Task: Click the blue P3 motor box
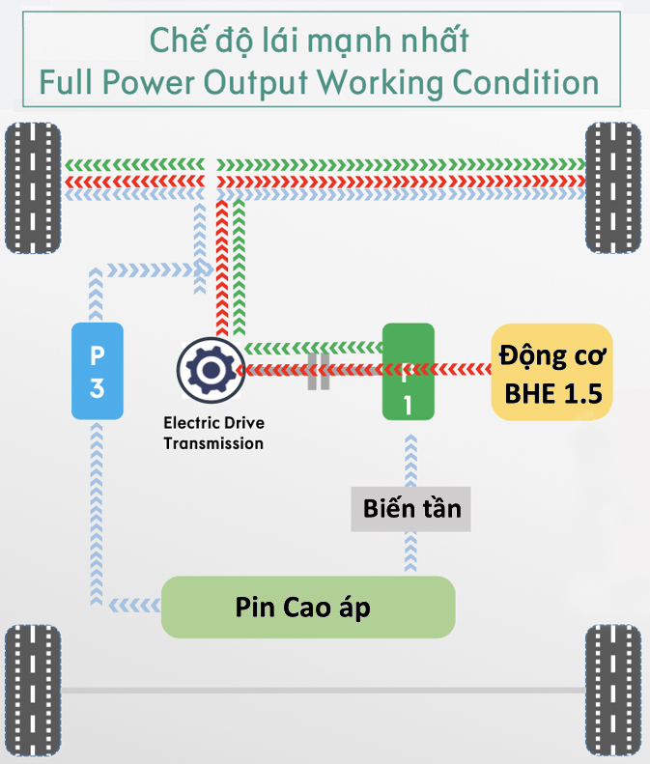click(x=98, y=371)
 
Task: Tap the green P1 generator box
click(x=408, y=372)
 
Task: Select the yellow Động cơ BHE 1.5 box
click(x=551, y=372)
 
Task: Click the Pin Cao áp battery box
click(x=307, y=607)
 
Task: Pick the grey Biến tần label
click(x=410, y=508)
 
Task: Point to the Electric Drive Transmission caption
click(x=213, y=433)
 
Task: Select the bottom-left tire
click(x=32, y=691)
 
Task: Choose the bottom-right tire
click(x=612, y=691)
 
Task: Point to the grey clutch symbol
click(x=319, y=370)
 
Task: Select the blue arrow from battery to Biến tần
click(x=410, y=554)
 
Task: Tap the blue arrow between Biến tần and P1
click(x=410, y=460)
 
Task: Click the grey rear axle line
click(x=324, y=691)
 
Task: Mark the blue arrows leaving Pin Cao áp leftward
click(x=135, y=606)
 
